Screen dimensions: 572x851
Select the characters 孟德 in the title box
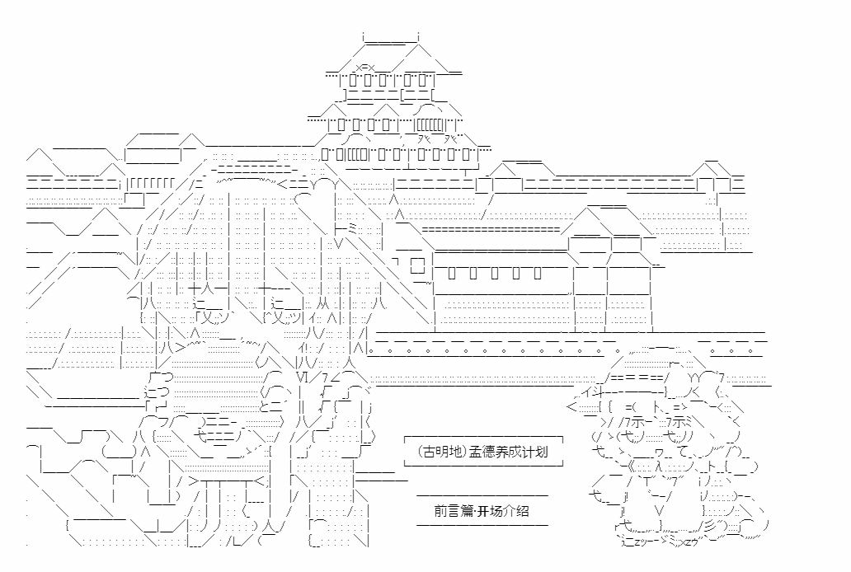[x=481, y=452]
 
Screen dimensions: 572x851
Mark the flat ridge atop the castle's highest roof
[x=391, y=36]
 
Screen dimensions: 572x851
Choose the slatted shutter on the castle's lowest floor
[x=355, y=154]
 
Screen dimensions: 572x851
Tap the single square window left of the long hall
[x=417, y=265]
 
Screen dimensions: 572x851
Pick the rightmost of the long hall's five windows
[x=538, y=271]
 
